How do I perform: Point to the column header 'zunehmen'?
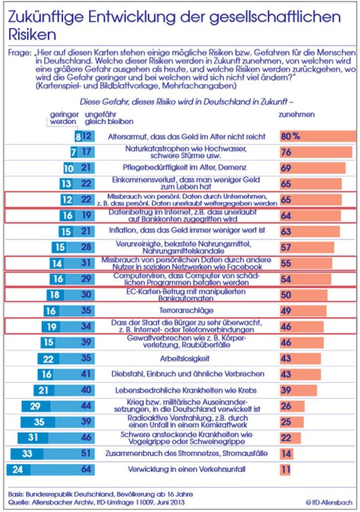294,114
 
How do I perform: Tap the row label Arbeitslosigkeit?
183,358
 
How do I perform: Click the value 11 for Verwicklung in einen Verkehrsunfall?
287,469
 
